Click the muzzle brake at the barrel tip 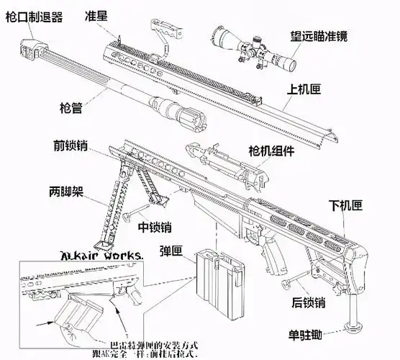click(x=32, y=48)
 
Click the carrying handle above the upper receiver click(x=164, y=33)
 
